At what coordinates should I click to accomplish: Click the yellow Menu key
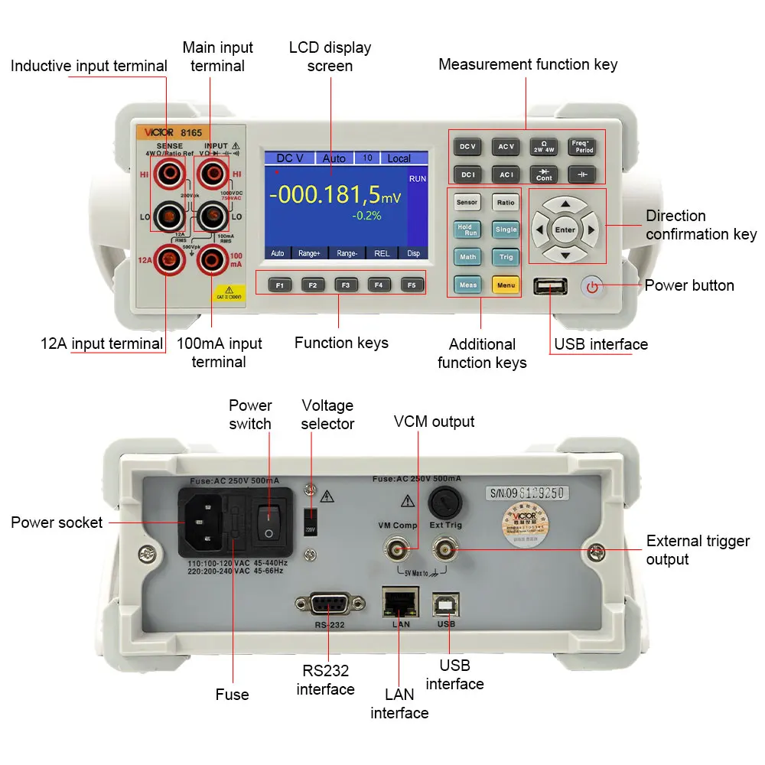pyautogui.click(x=506, y=285)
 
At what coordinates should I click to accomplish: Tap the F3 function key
pyautogui.click(x=346, y=285)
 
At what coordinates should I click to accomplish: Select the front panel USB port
pyautogui.click(x=551, y=287)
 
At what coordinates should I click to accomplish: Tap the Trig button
pyautogui.click(x=506, y=257)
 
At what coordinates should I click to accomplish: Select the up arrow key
pyautogui.click(x=565, y=204)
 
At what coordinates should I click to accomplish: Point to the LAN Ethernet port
pyautogui.click(x=401, y=604)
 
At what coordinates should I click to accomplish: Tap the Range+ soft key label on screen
pyautogui.click(x=310, y=252)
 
